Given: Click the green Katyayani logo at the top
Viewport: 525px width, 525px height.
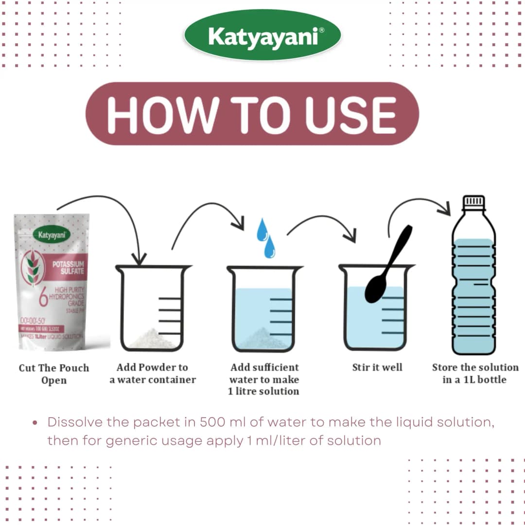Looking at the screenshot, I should pyautogui.click(x=262, y=35).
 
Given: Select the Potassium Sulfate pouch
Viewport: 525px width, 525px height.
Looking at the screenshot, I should pyautogui.click(x=51, y=282).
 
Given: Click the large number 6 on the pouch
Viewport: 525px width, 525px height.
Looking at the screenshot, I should pyautogui.click(x=43, y=297).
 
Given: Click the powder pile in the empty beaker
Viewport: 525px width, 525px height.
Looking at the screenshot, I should pyautogui.click(x=153, y=338).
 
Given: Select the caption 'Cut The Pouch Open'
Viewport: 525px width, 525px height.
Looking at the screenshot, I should pyautogui.click(x=53, y=374).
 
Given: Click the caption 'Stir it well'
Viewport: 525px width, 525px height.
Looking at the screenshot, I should pyautogui.click(x=377, y=367).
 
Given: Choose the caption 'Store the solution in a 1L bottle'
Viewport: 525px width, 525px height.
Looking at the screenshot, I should pyautogui.click(x=475, y=373).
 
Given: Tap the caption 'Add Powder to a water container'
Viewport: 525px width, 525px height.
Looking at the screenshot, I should pyautogui.click(x=152, y=373).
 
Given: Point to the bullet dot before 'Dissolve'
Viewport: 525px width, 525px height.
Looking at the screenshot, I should pyautogui.click(x=35, y=422).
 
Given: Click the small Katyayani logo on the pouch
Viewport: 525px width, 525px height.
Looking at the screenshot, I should pyautogui.click(x=51, y=235).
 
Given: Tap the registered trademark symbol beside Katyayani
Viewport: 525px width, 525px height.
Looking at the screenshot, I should pyautogui.click(x=321, y=30).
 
